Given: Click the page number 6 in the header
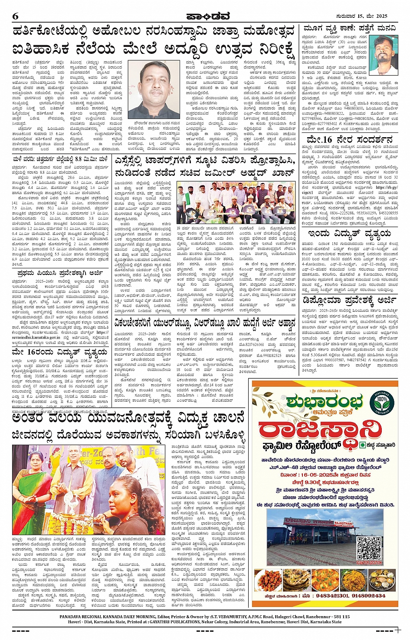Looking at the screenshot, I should click(x=16, y=16).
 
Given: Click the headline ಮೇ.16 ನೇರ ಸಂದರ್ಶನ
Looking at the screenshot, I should click(x=349, y=140).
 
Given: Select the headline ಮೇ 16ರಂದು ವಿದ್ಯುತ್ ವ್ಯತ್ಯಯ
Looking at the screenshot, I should click(x=59, y=352).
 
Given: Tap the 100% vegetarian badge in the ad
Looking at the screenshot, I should click(x=382, y=400).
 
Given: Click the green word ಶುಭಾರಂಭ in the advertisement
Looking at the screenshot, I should click(x=324, y=402).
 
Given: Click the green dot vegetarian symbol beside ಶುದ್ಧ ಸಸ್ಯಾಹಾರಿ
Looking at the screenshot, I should click(x=363, y=445).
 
